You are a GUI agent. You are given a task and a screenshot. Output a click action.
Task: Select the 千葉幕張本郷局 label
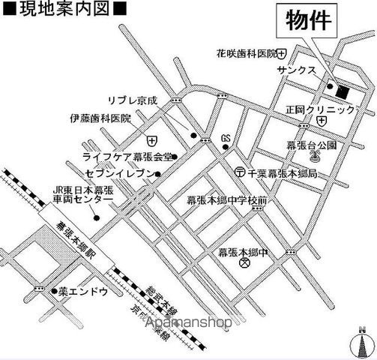(281, 172)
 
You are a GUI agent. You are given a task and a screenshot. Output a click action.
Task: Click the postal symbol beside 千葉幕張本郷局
(239, 172)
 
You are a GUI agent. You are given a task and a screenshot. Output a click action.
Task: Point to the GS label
(226, 139)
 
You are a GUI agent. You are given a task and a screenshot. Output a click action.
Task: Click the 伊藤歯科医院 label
(100, 118)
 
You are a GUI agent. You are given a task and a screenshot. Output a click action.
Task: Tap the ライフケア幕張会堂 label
(127, 157)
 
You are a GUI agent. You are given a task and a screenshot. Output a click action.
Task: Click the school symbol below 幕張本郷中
(242, 264)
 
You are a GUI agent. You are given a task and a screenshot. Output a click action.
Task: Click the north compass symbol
(362, 342)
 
